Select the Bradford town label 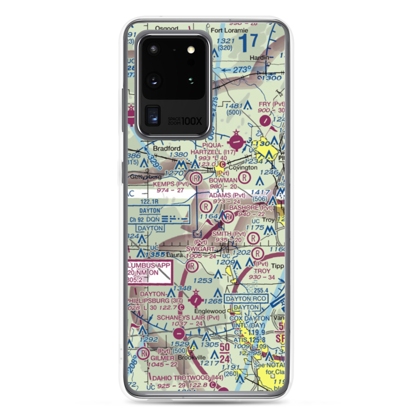167,148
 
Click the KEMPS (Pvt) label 171,183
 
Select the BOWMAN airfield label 223,180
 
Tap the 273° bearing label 242,70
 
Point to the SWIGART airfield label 201,249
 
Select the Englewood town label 210,311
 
